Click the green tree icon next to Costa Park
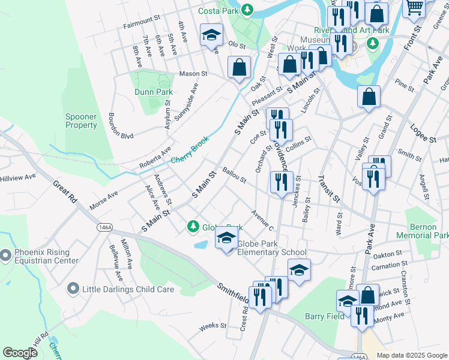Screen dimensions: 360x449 247,10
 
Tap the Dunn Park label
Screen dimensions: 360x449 153,92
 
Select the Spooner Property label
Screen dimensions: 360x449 81,121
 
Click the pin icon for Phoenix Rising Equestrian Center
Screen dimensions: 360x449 5,256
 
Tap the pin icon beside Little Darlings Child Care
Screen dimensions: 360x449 73,289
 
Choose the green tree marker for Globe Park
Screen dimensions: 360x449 193,226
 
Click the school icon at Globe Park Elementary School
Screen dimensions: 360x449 226,239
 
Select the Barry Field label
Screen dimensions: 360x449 324,316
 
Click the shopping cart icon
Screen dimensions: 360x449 414,7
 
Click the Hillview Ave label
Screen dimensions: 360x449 18,178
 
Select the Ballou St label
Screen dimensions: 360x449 234,175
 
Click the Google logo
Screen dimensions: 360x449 20,353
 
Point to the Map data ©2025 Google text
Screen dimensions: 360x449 411,355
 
